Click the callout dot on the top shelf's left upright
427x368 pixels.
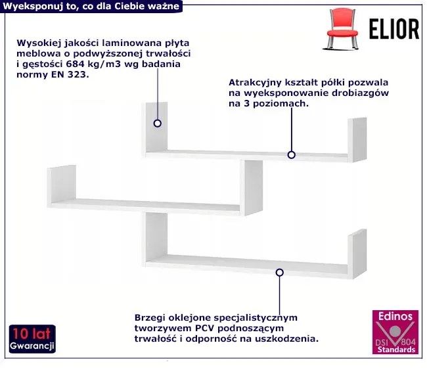[158, 123]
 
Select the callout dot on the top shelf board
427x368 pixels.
[292, 155]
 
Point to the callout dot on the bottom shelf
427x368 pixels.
[280, 272]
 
